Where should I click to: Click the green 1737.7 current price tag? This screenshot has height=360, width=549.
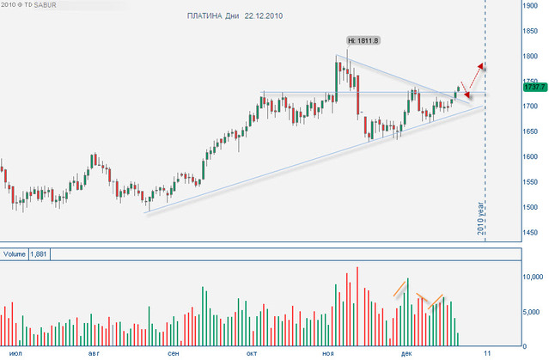pos(534,86)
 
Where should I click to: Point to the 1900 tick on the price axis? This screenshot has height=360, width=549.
pos(534,5)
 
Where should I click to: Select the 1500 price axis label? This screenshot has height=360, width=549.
pos(534,207)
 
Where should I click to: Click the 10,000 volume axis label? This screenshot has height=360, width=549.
pos(534,277)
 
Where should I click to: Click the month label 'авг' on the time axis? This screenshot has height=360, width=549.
pos(93,353)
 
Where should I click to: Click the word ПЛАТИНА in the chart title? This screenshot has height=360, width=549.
pos(204,15)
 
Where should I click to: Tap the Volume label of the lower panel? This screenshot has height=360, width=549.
pos(15,254)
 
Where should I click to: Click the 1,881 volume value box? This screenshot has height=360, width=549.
pos(40,254)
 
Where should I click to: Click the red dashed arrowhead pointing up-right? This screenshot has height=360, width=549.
pos(483,66)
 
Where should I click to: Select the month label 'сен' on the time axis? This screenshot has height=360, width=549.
pos(174,353)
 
